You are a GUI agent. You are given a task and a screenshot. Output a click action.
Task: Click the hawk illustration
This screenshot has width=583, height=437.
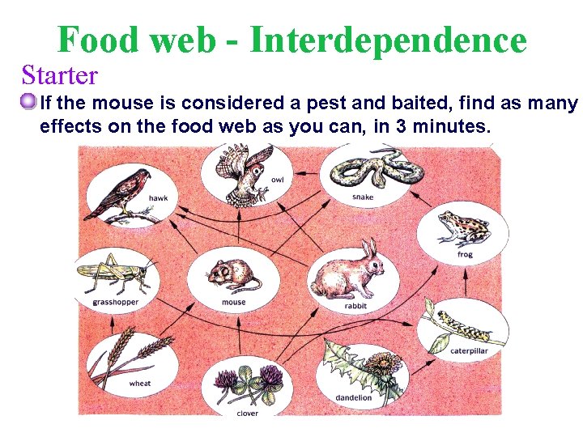coord(119,193)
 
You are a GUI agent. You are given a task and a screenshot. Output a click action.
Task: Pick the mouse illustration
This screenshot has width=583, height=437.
coord(233,274)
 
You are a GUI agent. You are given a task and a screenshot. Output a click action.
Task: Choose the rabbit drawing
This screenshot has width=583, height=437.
coord(346,271)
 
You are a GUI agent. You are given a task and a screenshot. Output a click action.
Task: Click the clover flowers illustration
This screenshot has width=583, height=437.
coord(247,384)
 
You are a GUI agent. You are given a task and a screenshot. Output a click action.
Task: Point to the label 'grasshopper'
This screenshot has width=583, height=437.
coord(115,303)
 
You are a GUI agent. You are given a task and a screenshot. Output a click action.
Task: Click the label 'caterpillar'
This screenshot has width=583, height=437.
coord(470,351)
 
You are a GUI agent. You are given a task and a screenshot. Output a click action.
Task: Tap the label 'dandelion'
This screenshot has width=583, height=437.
coord(354,397)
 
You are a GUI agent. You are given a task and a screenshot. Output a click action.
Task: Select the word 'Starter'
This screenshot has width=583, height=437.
coord(60,75)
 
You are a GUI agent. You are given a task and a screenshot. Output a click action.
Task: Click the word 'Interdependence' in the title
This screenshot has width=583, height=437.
coord(388,40)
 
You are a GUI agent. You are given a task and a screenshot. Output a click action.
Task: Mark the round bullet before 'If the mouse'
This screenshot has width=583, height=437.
coord(29,103)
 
